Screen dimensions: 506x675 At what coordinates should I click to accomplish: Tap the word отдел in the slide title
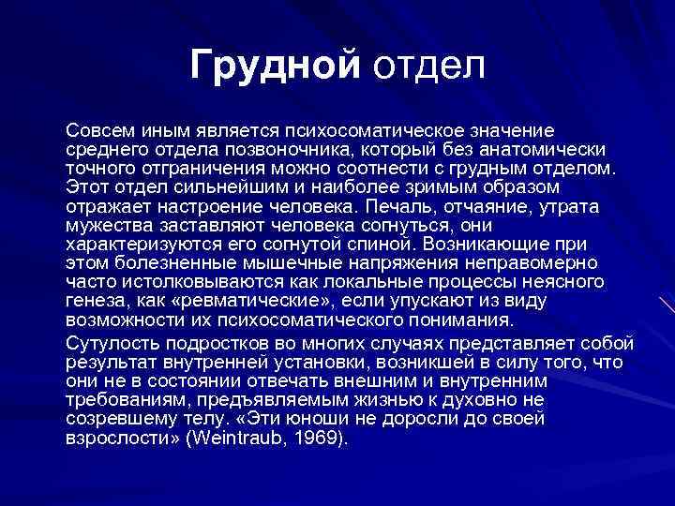coord(429,67)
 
